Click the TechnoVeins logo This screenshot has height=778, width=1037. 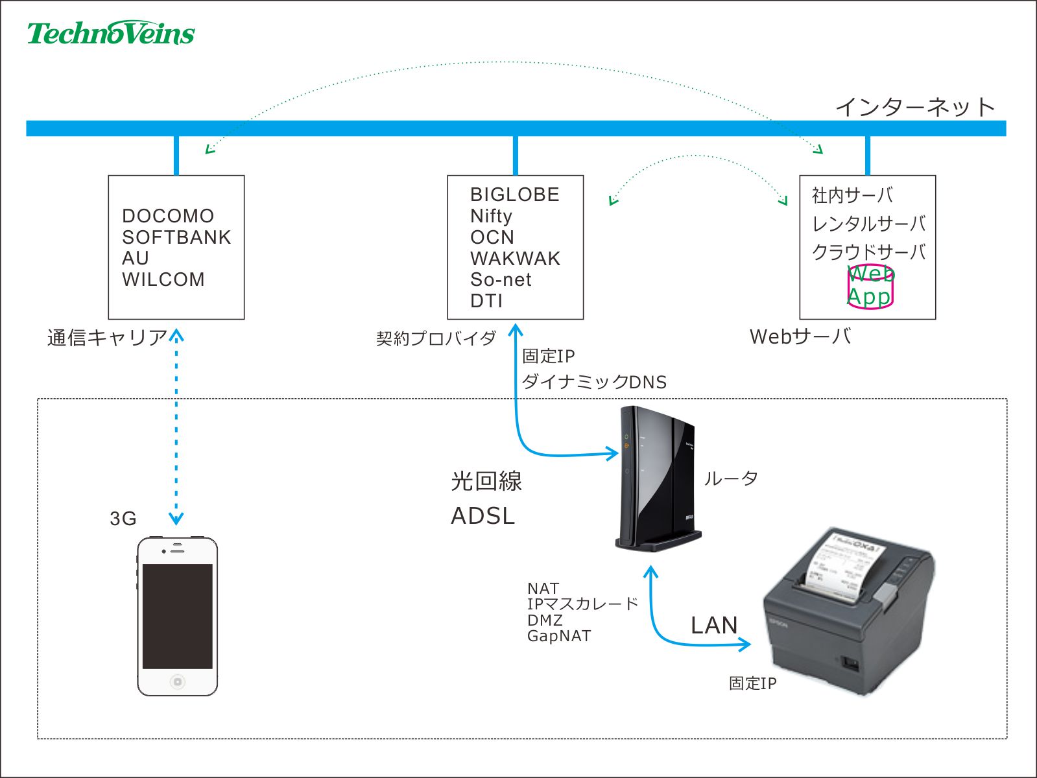(x=111, y=33)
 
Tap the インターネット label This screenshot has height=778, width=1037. (x=914, y=107)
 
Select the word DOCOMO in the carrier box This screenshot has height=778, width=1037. (x=168, y=216)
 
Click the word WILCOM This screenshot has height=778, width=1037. (x=163, y=279)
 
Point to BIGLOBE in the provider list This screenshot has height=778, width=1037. (x=514, y=194)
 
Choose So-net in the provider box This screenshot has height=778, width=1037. (x=501, y=279)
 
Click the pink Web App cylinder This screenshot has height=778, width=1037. (x=870, y=286)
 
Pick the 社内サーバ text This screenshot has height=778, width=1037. (x=852, y=195)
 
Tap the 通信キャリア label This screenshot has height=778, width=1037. (x=107, y=338)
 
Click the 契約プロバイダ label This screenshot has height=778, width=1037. (x=436, y=338)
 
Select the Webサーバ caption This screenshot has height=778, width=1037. (x=800, y=336)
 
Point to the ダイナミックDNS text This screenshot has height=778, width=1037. (x=594, y=382)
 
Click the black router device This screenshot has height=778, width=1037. (x=656, y=480)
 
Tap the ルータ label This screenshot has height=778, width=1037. (x=731, y=478)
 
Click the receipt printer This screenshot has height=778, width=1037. (x=850, y=609)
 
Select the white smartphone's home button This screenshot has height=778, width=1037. (x=177, y=681)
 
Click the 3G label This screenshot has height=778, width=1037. (x=123, y=519)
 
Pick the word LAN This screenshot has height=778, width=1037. (x=714, y=625)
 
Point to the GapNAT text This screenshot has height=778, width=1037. (x=559, y=636)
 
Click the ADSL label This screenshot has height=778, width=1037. (x=483, y=516)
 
